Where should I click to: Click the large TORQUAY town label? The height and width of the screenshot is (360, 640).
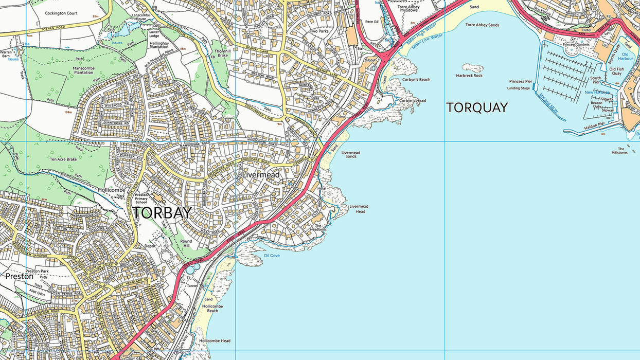(476, 107)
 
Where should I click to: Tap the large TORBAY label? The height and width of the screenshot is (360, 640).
(162, 213)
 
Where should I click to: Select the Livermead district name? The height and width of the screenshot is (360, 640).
(261, 175)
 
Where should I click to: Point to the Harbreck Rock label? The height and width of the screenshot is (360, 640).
(469, 76)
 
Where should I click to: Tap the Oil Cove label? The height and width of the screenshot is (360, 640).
(272, 255)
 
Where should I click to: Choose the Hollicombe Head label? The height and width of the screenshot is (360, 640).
(215, 341)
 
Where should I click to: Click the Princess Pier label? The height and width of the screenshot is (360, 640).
(520, 81)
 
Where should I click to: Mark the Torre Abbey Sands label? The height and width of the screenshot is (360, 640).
(483, 25)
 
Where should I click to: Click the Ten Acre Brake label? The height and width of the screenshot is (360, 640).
(63, 159)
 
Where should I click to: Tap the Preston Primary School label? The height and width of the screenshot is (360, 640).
(141, 199)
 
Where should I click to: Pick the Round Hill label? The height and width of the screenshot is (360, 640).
(186, 244)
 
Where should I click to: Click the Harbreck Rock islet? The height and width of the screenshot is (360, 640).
(472, 68)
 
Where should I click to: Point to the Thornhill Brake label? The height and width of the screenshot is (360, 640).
(222, 53)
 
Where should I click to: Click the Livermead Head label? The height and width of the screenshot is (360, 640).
(360, 209)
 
